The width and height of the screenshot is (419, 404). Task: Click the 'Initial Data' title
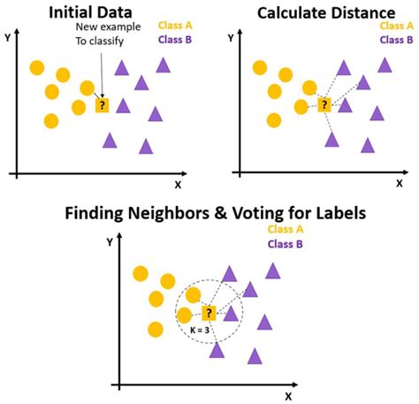pos(90,12)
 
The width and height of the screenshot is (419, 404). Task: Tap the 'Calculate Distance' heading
pos(326,13)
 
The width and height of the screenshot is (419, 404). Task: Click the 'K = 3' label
pos(200,330)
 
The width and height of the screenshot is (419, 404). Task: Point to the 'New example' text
pos(108,27)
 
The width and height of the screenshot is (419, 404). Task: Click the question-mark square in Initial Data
pos(102,105)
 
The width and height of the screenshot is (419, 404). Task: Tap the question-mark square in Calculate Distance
pos(324,104)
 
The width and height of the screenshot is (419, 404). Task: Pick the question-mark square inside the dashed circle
pos(209,313)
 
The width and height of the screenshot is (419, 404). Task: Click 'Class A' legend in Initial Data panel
pos(175,26)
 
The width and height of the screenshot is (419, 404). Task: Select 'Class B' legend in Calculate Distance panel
pos(396,40)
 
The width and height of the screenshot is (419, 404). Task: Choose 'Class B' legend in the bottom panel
pos(285,244)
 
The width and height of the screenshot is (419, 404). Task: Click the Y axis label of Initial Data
pos(8,37)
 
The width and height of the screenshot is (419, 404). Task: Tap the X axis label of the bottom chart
pos(288,396)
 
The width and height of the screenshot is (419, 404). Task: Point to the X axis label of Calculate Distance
pos(400,183)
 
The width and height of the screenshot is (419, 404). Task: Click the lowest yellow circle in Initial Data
pos(51,121)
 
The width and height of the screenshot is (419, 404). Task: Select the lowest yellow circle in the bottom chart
pos(156,330)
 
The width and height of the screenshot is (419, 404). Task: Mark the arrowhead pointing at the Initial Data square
pos(102,95)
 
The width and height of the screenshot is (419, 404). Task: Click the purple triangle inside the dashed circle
pos(231,314)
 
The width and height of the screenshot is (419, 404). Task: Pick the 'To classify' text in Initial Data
pos(100,41)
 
